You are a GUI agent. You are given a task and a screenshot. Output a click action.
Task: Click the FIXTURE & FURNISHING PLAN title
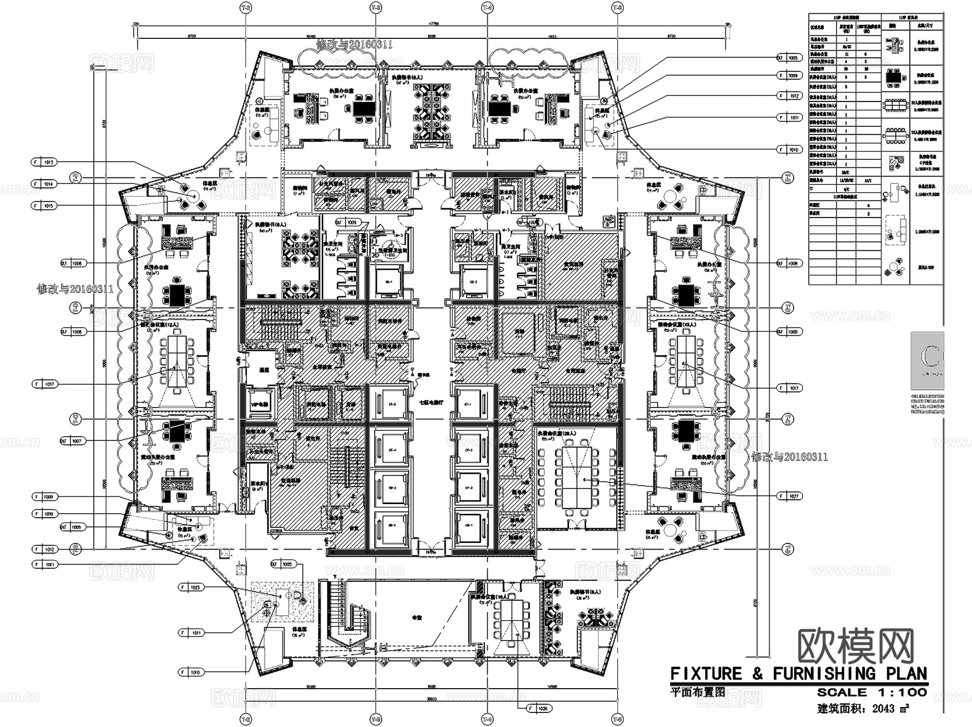click(x=798, y=674)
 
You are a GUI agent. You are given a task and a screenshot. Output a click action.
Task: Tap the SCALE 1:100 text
click(x=872, y=692)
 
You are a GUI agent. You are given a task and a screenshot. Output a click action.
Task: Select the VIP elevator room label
click(x=259, y=405)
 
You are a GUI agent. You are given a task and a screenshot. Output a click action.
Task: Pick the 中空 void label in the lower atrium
click(x=416, y=617)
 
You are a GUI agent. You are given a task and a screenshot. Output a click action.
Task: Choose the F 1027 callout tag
click(x=789, y=495)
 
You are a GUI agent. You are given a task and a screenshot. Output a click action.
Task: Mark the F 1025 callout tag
click(x=191, y=587)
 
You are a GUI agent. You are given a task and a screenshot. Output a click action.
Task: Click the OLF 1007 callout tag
click(x=72, y=441)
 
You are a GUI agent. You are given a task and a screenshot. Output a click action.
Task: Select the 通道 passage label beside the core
click(x=264, y=370)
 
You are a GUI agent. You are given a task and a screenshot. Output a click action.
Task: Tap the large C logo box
click(x=927, y=360)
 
